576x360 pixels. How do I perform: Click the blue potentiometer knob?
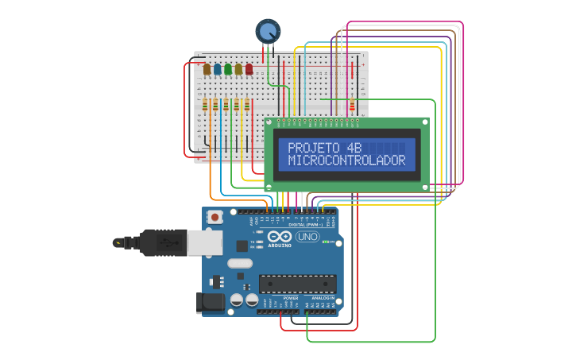[269, 32]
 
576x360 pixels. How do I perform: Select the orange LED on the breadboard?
[207, 69]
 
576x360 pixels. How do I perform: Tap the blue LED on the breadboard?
[218, 69]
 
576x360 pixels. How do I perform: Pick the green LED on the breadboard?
[228, 69]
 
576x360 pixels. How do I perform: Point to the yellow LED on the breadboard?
[238, 69]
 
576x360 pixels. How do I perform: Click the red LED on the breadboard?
[249, 69]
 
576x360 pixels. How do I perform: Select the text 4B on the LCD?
[354, 148]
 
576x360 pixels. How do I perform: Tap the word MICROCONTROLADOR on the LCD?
[346, 161]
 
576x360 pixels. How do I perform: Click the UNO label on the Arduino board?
[307, 237]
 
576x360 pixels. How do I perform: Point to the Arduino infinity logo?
[279, 237]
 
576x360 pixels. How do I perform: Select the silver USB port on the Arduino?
[205, 242]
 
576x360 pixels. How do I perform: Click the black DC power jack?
[210, 303]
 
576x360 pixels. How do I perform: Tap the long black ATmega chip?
[297, 284]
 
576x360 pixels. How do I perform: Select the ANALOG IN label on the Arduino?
[322, 298]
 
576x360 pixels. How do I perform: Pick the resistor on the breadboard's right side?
[352, 105]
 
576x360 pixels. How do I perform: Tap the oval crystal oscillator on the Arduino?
[239, 263]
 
